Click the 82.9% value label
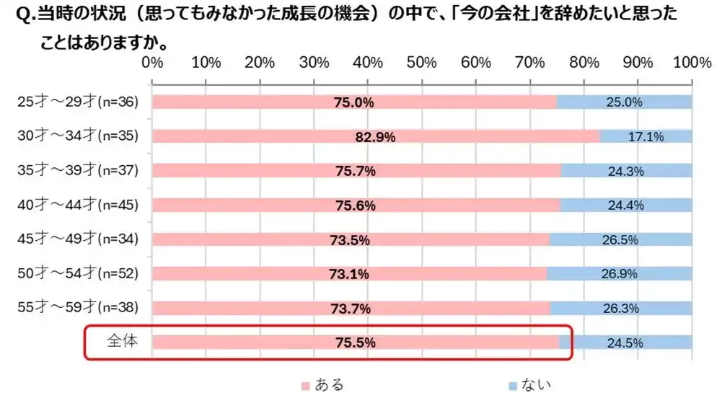coord(376,137)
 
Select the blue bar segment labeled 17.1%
coord(646,136)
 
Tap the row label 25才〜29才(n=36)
coord(77,102)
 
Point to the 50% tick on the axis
coord(422,63)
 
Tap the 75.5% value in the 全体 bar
coord(356,343)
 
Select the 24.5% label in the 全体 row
coord(625,343)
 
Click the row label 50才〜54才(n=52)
coord(77,273)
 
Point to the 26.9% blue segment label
coord(620,273)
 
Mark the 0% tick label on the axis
coord(152,63)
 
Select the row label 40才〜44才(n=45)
coord(77,205)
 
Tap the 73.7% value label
coord(352,309)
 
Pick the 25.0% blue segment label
coord(625,102)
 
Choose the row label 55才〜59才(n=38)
coord(77,308)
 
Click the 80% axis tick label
coord(584,63)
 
